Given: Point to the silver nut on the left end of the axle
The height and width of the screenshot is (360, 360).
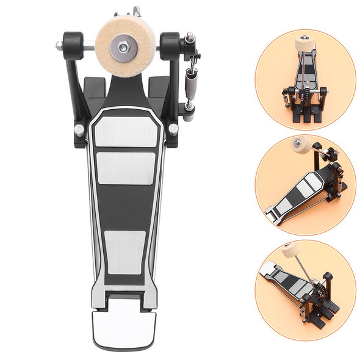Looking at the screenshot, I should pyautogui.click(x=59, y=45).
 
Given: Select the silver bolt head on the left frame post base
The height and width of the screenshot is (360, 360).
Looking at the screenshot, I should pyautogui.click(x=79, y=130).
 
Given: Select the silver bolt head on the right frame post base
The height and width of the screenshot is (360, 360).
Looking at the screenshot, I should pyautogui.click(x=173, y=129).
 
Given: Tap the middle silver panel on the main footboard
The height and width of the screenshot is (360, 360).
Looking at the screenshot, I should pyautogui.click(x=126, y=168).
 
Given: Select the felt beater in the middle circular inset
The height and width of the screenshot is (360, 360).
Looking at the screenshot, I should pyautogui.click(x=301, y=146).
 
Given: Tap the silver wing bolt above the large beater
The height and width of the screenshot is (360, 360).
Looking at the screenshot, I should pyautogui.click(x=135, y=10).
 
